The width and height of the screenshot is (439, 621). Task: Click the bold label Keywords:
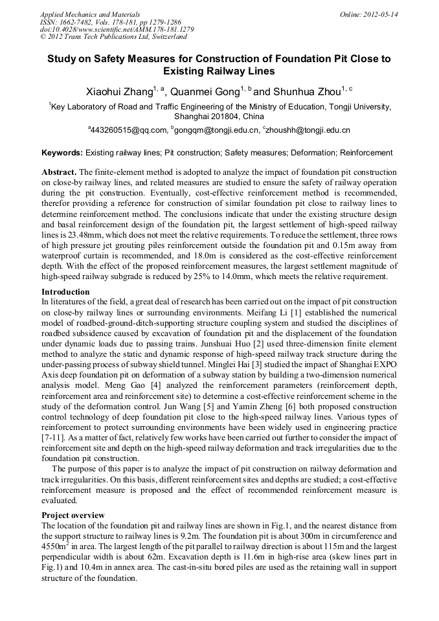coord(62,153)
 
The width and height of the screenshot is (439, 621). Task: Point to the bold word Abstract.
coord(59,172)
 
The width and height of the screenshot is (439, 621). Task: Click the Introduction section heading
coord(65,292)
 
